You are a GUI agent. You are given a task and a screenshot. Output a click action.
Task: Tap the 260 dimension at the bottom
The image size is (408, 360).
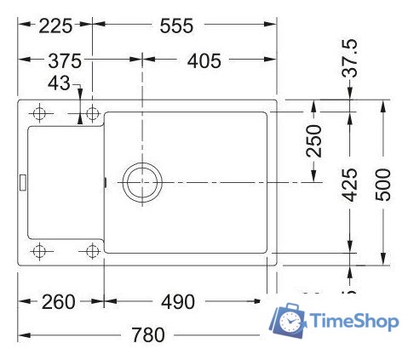point(58,301)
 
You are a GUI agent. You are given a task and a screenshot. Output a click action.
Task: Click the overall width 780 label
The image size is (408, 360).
point(147,334)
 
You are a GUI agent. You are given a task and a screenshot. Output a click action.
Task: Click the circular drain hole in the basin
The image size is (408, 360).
point(140,182)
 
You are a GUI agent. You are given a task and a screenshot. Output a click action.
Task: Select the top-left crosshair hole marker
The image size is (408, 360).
point(38,114)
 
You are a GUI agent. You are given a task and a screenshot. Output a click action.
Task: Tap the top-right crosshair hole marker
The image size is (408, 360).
point(91,114)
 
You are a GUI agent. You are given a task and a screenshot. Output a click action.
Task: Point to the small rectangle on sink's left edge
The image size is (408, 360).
point(23,181)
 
